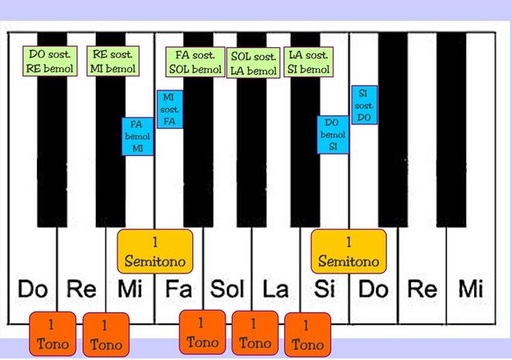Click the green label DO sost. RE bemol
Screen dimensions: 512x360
[x=49, y=62]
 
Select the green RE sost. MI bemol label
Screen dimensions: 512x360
[x=114, y=62]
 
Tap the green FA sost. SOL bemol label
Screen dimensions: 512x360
[x=195, y=62]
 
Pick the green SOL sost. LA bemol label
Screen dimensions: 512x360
[x=253, y=63]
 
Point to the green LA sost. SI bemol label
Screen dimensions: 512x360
[x=307, y=62]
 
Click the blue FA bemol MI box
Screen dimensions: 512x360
[x=137, y=136]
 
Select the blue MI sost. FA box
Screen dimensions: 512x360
[x=170, y=109]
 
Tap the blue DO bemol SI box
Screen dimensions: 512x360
[x=333, y=135]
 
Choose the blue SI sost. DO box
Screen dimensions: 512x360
[x=365, y=106]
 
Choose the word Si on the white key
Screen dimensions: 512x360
[x=325, y=290]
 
